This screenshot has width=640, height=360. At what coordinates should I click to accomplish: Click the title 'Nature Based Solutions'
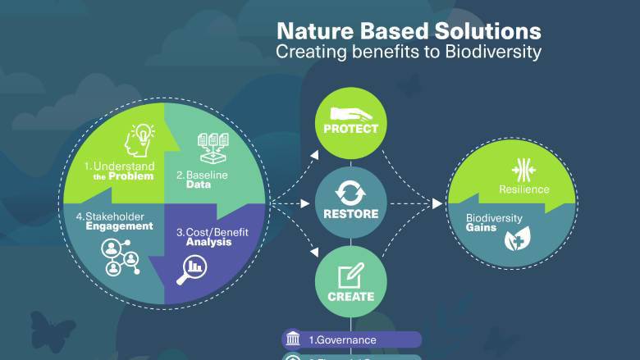(x=409, y=31)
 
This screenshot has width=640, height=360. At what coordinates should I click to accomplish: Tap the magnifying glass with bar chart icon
(x=194, y=267)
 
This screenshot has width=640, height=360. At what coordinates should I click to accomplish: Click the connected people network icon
(x=119, y=257)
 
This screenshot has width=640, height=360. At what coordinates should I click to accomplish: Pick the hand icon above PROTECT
(x=350, y=113)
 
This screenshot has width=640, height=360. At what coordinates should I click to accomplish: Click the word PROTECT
(x=350, y=129)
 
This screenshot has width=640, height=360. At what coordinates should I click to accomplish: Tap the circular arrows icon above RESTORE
(x=350, y=194)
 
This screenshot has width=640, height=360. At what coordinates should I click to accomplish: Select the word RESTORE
(x=350, y=214)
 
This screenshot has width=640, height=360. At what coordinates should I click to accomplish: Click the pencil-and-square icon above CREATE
(x=350, y=276)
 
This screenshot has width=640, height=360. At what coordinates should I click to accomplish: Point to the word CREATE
(x=350, y=296)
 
